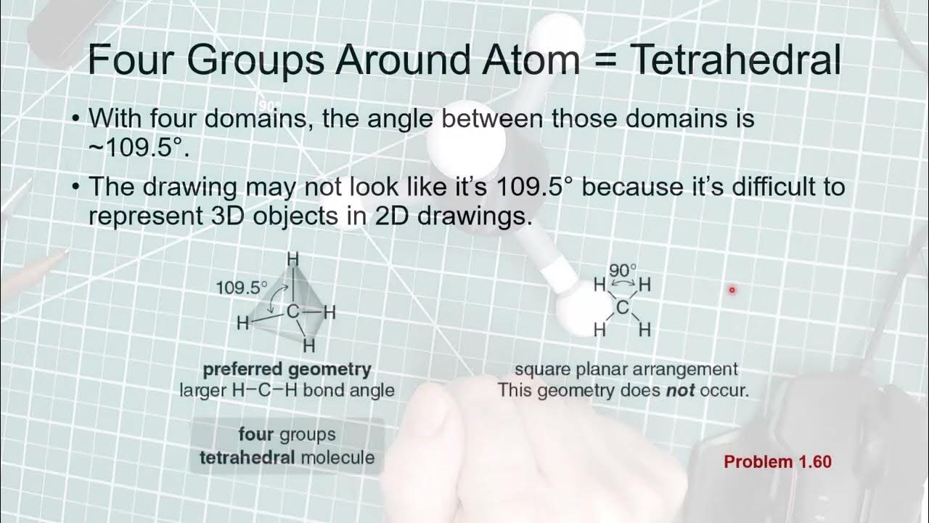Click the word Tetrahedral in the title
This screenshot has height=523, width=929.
tap(736, 60)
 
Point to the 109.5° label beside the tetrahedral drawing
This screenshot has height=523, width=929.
tap(242, 287)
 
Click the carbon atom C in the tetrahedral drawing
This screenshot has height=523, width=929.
tap(292, 313)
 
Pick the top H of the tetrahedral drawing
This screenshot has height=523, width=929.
tap(293, 259)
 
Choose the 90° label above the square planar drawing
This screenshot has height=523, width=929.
tap(623, 270)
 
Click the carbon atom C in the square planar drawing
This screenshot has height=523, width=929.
tap(622, 308)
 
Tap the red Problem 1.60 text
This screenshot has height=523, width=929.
tap(777, 461)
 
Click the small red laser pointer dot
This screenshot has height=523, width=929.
tap(732, 290)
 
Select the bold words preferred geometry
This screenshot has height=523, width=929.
tap(287, 369)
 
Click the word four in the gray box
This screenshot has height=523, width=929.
tap(255, 434)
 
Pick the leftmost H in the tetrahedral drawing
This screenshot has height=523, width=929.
tap(243, 323)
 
